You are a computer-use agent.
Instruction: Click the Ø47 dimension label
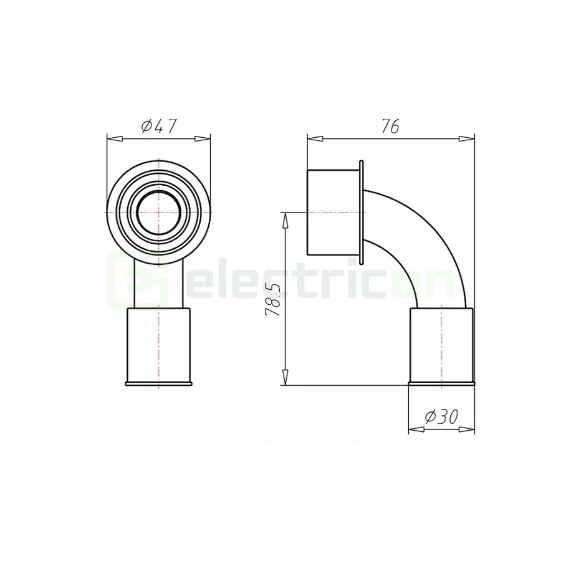[x=159, y=127]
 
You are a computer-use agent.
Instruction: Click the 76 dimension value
[x=390, y=127]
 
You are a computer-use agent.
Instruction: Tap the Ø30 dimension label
[x=441, y=418]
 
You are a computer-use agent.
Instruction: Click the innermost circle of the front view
[x=159, y=213]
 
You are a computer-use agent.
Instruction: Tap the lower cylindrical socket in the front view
[x=159, y=346]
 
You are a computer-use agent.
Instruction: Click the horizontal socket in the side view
[x=333, y=212]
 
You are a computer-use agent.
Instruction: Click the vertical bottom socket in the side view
[x=441, y=346]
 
